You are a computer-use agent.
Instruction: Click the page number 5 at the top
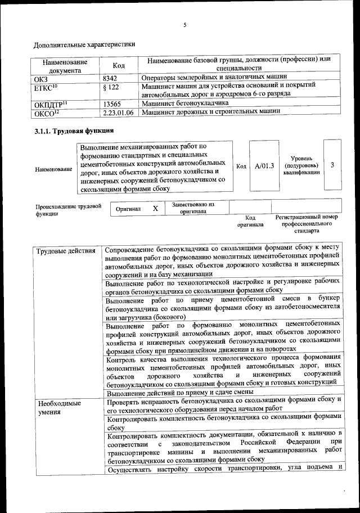coord(184,24)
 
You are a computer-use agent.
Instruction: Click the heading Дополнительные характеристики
coord(84,44)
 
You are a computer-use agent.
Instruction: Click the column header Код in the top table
coord(118,66)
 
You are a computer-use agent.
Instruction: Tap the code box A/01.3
coord(264,166)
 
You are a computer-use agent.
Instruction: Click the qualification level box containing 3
coord(333,165)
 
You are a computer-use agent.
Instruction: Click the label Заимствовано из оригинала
coord(196,208)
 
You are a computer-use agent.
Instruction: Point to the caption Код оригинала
coord(250,221)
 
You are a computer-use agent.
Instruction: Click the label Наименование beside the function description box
coord(53,169)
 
